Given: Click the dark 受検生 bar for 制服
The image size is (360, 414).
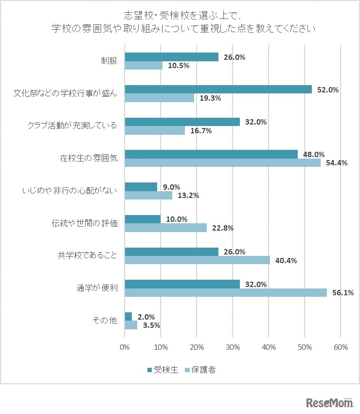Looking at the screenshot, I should pos(171,57).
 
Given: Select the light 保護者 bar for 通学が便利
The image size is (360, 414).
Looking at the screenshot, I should pos(226,292).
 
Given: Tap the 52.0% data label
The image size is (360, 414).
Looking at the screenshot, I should pos(328,90).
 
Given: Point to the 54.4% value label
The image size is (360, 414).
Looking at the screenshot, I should pos(337,163).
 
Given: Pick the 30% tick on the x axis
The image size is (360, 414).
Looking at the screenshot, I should pos(233,347).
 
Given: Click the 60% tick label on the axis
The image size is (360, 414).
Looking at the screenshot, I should pos(341,347).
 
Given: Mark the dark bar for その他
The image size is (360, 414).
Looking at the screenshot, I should pos(128,316).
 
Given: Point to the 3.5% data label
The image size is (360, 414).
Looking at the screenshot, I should pos(150,325).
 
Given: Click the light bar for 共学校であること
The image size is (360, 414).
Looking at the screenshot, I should pos(197,260).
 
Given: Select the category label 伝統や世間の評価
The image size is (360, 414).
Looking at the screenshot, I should pos(85,223).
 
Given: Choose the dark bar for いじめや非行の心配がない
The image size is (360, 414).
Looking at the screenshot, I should pos(141,187).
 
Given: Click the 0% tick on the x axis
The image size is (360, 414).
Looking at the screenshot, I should pos(125,347).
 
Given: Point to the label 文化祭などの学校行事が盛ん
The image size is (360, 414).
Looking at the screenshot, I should pos(65,93).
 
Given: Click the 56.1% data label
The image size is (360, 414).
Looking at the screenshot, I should pos(342,292).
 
